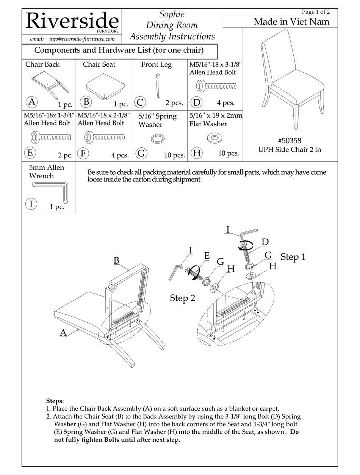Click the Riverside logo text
[x=72, y=21]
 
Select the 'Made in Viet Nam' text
[x=291, y=22]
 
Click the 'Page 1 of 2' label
[x=315, y=12]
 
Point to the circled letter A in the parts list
[x=32, y=102]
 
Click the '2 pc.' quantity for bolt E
[x=65, y=155]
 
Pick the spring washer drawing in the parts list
[x=157, y=139]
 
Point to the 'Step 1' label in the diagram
[x=293, y=257]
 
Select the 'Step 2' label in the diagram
[x=182, y=298]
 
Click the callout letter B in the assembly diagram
[x=116, y=261]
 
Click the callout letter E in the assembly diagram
[x=207, y=255]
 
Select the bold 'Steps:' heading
[x=55, y=401]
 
